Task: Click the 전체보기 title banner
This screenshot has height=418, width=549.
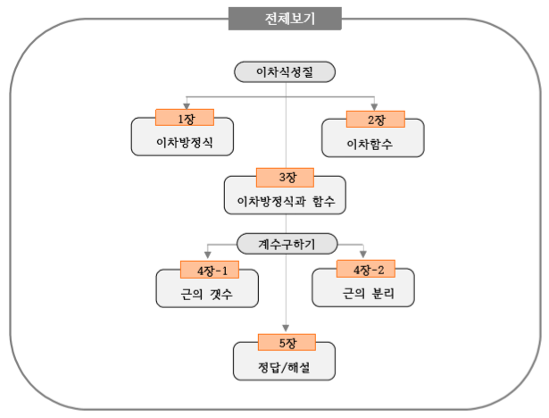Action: [x=285, y=18]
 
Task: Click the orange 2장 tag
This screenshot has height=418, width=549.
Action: [x=375, y=118]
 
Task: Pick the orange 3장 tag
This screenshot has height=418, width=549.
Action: [x=286, y=176]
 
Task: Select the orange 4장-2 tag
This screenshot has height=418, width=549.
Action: [x=364, y=268]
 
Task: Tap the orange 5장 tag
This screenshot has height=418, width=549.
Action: [x=286, y=340]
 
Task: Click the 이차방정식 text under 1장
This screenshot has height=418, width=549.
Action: [x=183, y=142]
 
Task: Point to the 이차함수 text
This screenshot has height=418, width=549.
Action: [x=374, y=142]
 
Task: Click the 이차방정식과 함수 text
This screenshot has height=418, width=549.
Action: [x=286, y=200]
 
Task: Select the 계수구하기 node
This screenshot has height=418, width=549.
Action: [x=286, y=242]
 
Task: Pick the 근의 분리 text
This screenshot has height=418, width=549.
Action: [x=364, y=292]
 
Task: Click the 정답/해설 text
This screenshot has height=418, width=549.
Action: [x=286, y=364]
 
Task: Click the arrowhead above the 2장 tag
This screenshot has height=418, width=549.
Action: [x=375, y=105]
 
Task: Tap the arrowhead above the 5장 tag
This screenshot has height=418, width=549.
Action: [x=286, y=328]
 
